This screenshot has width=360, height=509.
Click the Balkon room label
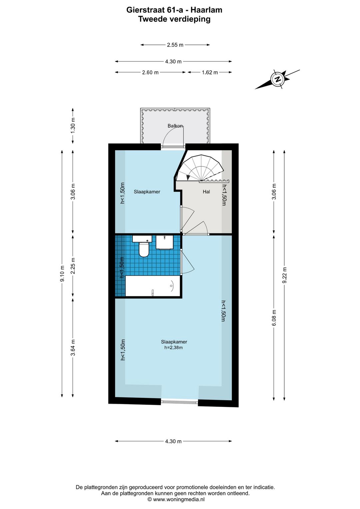(175, 126)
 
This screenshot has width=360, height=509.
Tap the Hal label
(206, 192)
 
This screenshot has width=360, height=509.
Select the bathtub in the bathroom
(153, 286)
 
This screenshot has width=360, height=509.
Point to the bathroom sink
(165, 242)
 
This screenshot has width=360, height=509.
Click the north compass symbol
(277, 79)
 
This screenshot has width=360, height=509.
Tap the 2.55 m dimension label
(175, 45)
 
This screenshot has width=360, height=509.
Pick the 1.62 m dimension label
(210, 72)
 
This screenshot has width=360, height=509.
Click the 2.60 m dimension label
(150, 72)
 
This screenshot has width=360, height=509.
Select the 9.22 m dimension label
(284, 275)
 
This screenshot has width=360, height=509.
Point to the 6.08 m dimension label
(274, 318)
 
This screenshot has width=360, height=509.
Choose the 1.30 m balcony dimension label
(73, 126)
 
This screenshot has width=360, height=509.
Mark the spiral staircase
(200, 168)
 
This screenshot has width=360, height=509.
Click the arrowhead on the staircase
(188, 177)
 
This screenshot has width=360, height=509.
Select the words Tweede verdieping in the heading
(174, 19)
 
